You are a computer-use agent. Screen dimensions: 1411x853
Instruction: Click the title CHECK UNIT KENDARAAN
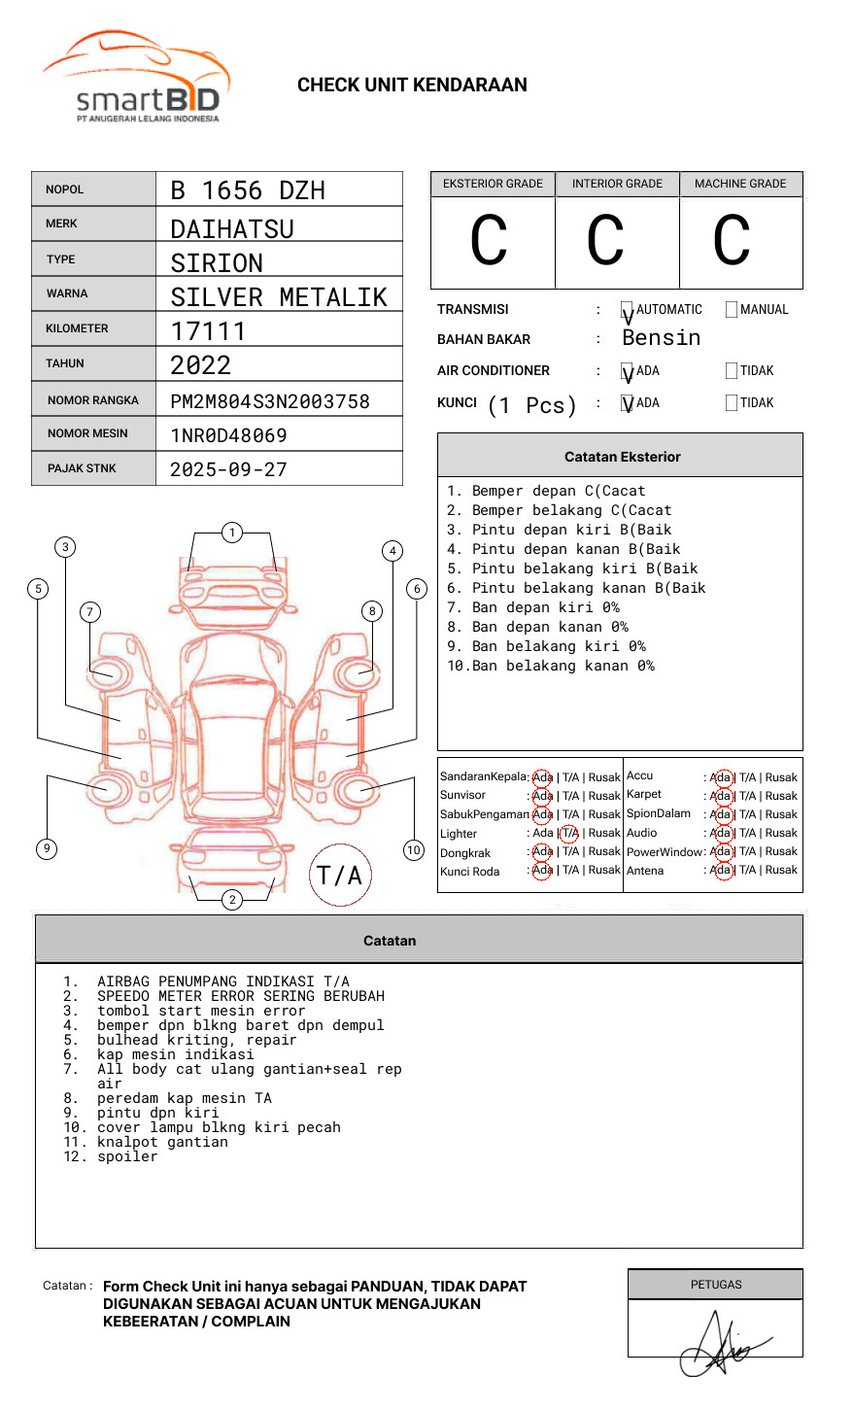coord(412,86)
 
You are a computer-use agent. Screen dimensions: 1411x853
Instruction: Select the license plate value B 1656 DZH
coord(248,190)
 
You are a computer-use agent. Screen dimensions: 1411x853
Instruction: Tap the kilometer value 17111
coord(208,331)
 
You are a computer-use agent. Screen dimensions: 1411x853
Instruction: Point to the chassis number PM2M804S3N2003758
coord(270,401)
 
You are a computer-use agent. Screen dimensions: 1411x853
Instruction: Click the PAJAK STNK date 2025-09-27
coord(228,469)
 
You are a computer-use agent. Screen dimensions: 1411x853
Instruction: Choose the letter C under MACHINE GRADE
coord(732,241)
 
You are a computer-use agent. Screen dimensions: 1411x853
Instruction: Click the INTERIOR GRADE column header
coord(617,184)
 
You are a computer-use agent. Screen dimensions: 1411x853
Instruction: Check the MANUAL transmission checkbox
coord(732,310)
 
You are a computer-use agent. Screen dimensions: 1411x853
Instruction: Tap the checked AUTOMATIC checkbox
coord(628,311)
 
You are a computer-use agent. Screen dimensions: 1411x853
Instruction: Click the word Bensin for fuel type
coord(661,338)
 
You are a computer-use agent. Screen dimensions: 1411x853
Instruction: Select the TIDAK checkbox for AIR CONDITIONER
coord(732,371)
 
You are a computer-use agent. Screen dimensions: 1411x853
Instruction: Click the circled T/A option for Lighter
coord(569,834)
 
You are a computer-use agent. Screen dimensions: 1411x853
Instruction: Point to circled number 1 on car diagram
coord(231,533)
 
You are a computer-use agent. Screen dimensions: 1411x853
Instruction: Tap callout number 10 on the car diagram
coord(414,850)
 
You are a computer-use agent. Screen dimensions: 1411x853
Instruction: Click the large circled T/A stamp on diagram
coord(339,876)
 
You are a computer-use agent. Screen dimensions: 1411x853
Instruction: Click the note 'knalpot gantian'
coord(162,1142)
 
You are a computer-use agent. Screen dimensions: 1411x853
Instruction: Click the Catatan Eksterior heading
coord(622,457)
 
